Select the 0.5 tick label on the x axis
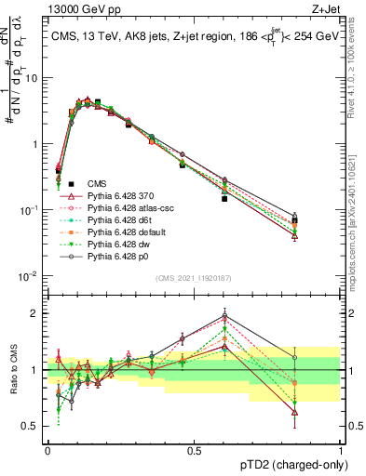(193, 448)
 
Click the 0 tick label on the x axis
(47, 448)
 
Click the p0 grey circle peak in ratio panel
(224, 313)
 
